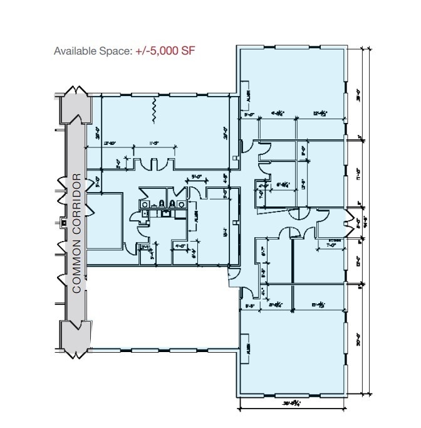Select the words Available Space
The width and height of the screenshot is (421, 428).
(x=93, y=51)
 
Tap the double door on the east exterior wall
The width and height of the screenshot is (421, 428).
(x=345, y=222)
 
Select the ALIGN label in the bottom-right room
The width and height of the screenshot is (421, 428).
(x=249, y=348)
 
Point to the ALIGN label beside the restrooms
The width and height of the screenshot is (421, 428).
(x=196, y=217)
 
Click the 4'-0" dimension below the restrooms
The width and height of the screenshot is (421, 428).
(x=180, y=245)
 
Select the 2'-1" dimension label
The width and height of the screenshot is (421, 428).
(x=145, y=248)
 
